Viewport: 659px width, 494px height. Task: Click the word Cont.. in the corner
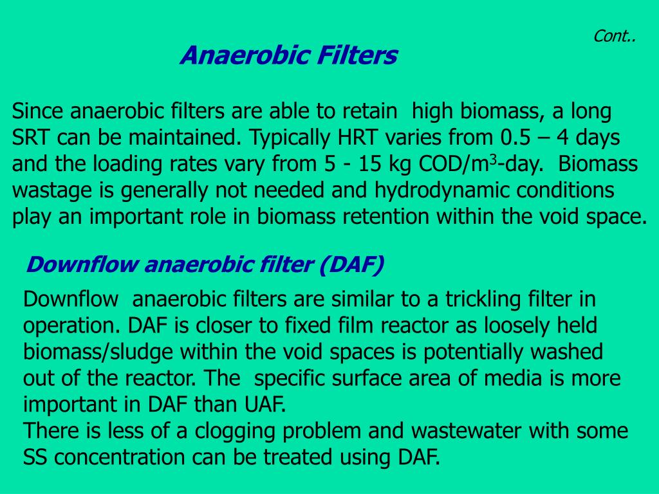point(614,37)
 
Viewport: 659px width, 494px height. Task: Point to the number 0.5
point(515,138)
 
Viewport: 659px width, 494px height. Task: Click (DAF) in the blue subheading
point(351,264)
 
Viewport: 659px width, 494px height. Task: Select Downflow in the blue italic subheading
point(82,264)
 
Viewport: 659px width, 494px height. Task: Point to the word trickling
point(483,300)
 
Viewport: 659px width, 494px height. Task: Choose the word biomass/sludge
point(98,352)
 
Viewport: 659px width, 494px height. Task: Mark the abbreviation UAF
point(265,405)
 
